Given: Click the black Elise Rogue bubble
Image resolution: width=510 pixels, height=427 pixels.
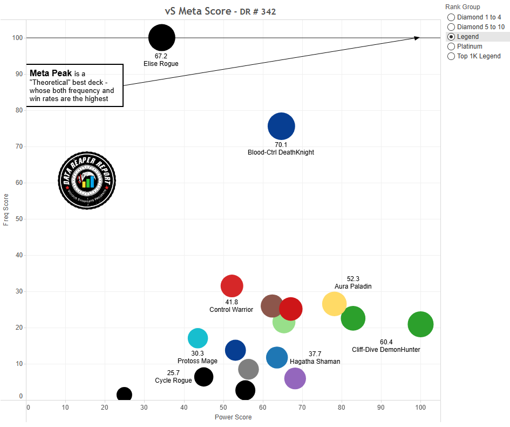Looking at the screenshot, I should pos(162,38).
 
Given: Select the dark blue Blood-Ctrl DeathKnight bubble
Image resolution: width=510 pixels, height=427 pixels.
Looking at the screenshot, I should pos(281,126).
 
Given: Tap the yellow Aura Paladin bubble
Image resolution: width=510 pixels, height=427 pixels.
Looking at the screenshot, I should pos(334,304).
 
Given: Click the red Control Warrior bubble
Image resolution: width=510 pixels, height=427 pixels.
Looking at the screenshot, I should pos(232,286).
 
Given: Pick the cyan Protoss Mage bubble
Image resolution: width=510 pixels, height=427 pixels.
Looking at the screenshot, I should pos(198,338).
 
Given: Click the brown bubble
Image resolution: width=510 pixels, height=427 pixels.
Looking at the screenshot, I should pos(271,306).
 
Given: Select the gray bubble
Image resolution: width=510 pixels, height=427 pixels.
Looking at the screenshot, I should pos(248,369).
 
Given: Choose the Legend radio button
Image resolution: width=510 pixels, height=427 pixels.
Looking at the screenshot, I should pos(451,37).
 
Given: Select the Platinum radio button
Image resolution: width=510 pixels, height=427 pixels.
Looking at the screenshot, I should pos(451,46).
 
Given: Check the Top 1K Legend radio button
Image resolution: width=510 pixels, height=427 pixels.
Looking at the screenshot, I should pos(451,56).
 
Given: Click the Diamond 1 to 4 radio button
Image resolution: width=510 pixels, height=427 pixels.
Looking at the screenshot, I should pos(451,17).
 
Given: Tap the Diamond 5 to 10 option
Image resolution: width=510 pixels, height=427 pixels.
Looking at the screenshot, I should pos(451,27).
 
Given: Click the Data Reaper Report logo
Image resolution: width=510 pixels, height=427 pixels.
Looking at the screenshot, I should pos(87,181).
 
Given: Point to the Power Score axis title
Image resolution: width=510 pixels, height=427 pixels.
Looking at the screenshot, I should pos(233,417).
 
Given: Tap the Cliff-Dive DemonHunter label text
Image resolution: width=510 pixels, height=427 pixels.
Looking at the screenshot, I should pos(385,350).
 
